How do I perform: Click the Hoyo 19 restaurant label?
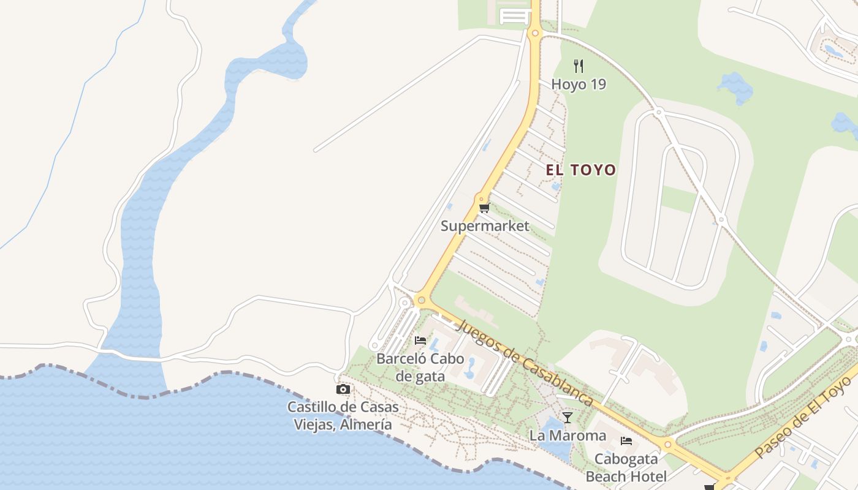tap(579, 84)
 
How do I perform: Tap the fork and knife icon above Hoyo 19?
tap(579, 66)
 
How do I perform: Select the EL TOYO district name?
tap(580, 170)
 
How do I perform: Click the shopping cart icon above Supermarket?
tap(484, 208)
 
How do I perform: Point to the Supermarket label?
tap(485, 226)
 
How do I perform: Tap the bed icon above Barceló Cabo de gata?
tap(420, 340)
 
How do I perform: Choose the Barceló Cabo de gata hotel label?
tap(420, 367)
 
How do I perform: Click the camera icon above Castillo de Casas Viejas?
tap(343, 389)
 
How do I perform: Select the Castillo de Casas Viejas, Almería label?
tap(343, 415)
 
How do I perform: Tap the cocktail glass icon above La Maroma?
tap(568, 418)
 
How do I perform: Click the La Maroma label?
tap(568, 435)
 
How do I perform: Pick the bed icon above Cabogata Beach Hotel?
tap(626, 440)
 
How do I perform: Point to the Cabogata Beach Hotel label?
tap(626, 467)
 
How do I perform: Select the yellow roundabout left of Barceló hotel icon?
tap(421, 300)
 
